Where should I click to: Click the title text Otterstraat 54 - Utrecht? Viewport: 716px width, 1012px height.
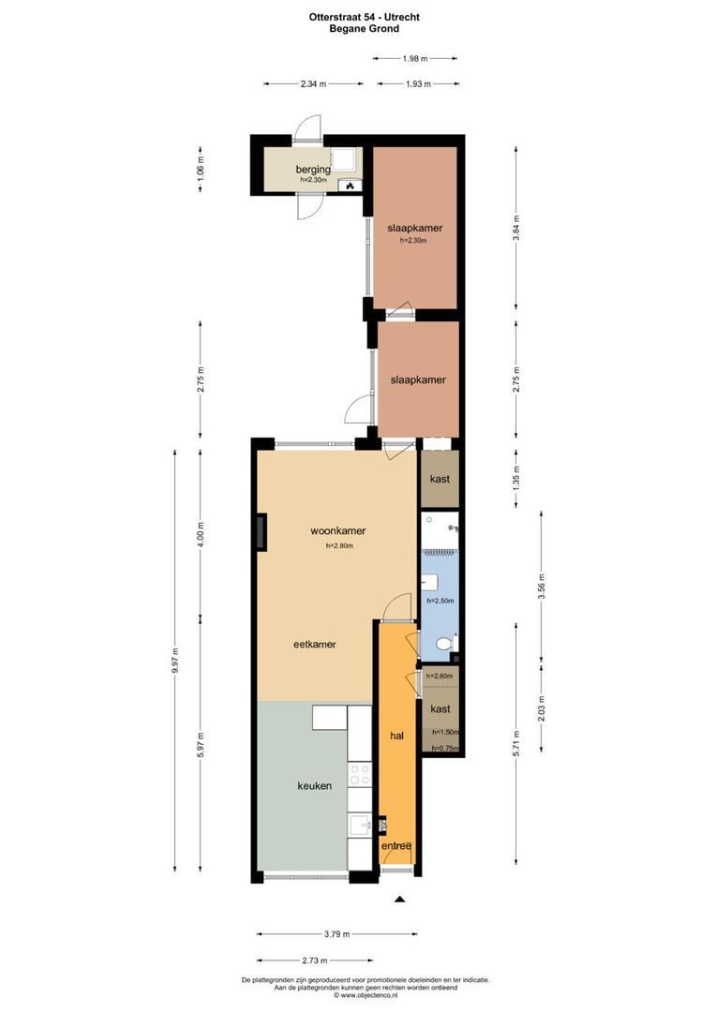coord(357,17)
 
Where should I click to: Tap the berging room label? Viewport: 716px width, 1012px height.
coord(313,170)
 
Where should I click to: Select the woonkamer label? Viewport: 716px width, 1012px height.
coord(338,530)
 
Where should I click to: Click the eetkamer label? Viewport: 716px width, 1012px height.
coord(315,645)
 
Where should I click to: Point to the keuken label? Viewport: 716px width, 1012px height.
coord(315,786)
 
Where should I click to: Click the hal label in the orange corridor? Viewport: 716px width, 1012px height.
coord(396,736)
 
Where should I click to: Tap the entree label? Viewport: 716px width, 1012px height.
coord(396,847)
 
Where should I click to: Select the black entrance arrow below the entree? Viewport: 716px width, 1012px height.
coord(399,900)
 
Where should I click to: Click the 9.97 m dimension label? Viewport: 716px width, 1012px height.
coord(175,666)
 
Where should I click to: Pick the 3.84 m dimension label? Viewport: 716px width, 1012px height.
coord(516,229)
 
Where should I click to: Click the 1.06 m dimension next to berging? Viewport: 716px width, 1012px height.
coord(200,168)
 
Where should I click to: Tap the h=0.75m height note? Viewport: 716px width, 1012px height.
coord(444,748)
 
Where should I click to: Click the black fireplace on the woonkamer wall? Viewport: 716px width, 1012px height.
coord(260,532)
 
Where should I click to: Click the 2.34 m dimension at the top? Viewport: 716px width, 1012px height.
coord(314,84)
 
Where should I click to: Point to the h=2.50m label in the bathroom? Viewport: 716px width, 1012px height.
coord(440,601)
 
